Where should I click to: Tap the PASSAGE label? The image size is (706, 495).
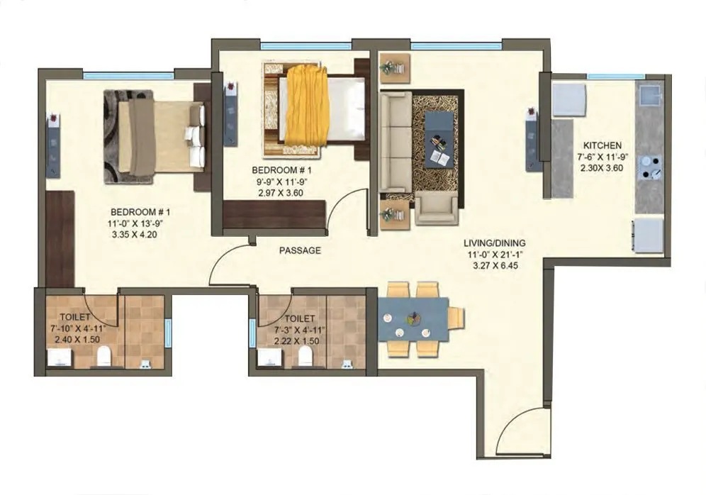click(x=300, y=250)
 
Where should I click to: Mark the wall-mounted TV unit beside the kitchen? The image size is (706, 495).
click(x=532, y=139)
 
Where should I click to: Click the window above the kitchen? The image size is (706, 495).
click(x=615, y=76)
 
